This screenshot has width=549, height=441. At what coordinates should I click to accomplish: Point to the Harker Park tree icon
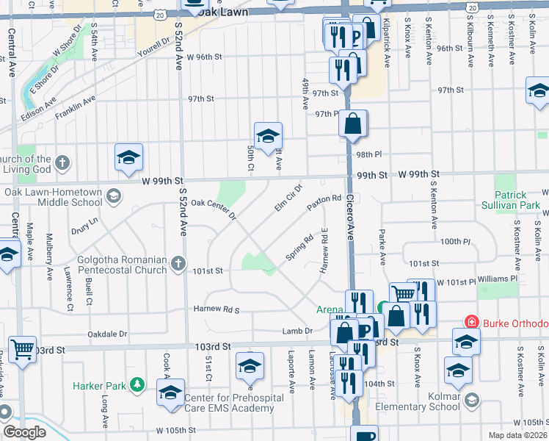point(137,384)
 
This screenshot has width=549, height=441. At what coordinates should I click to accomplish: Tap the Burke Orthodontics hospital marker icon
point(471,323)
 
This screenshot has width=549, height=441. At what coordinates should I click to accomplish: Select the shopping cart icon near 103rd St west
point(23,349)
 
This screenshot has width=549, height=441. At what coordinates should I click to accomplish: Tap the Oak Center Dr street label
point(214,209)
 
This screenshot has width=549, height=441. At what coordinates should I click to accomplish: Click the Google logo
point(24,432)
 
